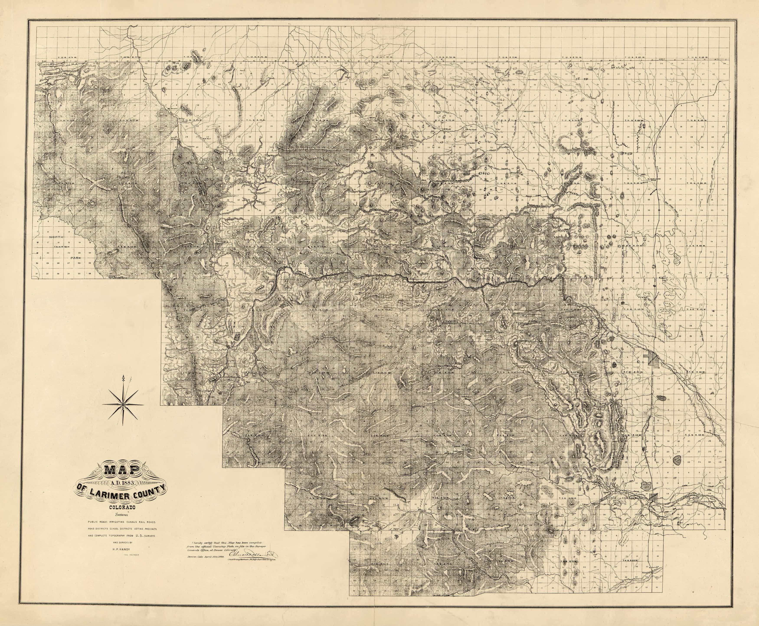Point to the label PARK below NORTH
tap(76, 258)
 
